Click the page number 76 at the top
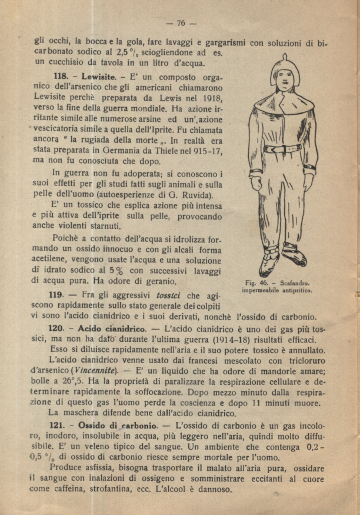point(181,23)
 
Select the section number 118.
point(62,77)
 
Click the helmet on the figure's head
point(286,66)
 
